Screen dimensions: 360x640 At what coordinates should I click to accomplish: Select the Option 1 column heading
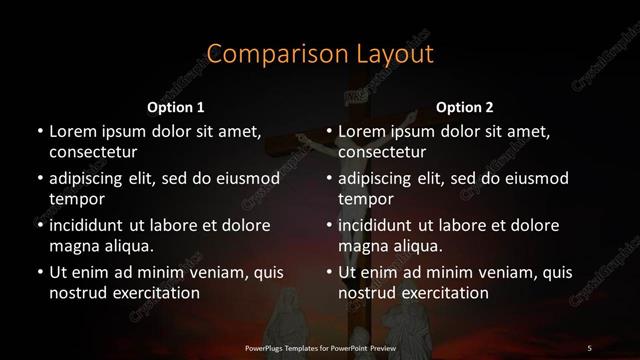point(176,107)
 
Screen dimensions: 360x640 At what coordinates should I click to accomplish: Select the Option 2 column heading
point(465,107)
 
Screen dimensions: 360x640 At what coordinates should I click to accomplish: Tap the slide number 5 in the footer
point(590,347)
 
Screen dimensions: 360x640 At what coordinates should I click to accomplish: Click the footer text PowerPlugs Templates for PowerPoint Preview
point(320,347)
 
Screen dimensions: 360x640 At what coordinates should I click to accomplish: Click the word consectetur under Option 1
point(93,152)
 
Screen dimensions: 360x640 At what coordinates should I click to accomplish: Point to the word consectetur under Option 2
point(383,152)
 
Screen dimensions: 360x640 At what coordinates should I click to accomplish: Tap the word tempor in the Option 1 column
point(74,199)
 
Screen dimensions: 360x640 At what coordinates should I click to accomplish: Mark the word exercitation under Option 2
point(443,293)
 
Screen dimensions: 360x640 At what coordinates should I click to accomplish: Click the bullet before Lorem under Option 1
point(38,132)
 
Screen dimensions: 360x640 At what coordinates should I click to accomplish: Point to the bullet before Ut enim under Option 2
point(328,272)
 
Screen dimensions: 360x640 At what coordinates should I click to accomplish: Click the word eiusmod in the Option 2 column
point(534,179)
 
